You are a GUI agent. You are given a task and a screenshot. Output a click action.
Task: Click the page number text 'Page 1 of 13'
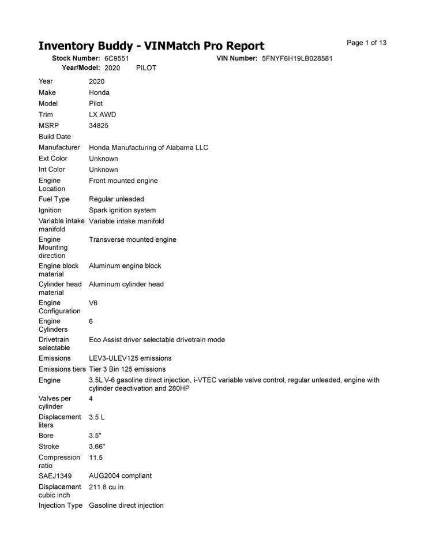click(366, 43)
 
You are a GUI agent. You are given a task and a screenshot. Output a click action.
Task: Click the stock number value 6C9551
click(117, 59)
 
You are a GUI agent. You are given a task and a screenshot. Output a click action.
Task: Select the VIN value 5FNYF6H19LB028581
click(297, 59)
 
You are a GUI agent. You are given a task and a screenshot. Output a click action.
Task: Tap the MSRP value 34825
click(99, 125)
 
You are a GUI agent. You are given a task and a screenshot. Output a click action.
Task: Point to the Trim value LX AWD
click(102, 114)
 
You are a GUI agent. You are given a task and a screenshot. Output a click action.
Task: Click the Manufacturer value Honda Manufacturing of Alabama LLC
click(148, 147)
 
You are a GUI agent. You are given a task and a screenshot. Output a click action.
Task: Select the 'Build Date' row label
click(55, 137)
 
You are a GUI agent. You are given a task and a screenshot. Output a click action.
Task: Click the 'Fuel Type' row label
click(54, 199)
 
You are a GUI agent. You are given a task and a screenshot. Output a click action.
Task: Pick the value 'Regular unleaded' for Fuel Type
click(117, 199)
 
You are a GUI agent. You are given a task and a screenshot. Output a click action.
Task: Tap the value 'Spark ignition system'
click(122, 210)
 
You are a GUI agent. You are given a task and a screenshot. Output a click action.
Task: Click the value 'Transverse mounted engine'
click(133, 239)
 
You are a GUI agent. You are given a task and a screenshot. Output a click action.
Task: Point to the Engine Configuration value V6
click(93, 302)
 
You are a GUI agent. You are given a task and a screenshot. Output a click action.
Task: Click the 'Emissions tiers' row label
click(62, 369)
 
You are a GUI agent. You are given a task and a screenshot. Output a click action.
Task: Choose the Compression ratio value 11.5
click(96, 458)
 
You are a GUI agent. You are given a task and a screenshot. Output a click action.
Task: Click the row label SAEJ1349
click(55, 476)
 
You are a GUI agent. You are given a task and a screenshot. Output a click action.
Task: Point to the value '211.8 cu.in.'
click(107, 487)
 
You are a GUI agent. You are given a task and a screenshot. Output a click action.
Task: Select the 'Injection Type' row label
click(61, 506)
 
